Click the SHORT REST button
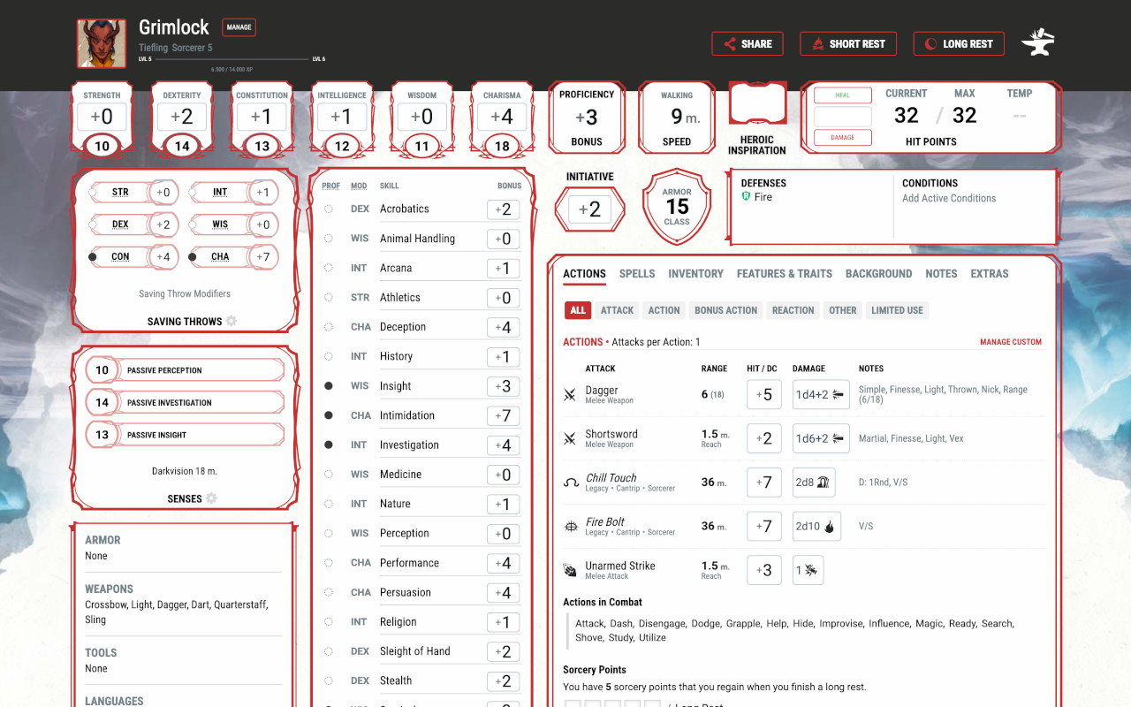(x=848, y=44)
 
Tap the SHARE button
(x=748, y=44)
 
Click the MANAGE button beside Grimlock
(x=239, y=27)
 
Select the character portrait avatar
(x=102, y=44)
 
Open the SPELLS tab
(x=637, y=274)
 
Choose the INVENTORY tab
(x=695, y=274)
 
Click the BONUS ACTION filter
(x=725, y=310)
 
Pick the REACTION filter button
(x=793, y=310)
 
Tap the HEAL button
(x=842, y=95)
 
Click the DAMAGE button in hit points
(x=842, y=138)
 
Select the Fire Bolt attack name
(x=605, y=521)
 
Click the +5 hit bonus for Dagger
(x=763, y=395)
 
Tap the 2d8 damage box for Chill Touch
(x=815, y=483)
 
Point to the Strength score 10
(x=102, y=147)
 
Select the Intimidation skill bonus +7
(x=503, y=415)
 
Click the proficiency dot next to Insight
(x=329, y=386)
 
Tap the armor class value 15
(x=677, y=207)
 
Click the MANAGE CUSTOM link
(x=1010, y=342)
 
